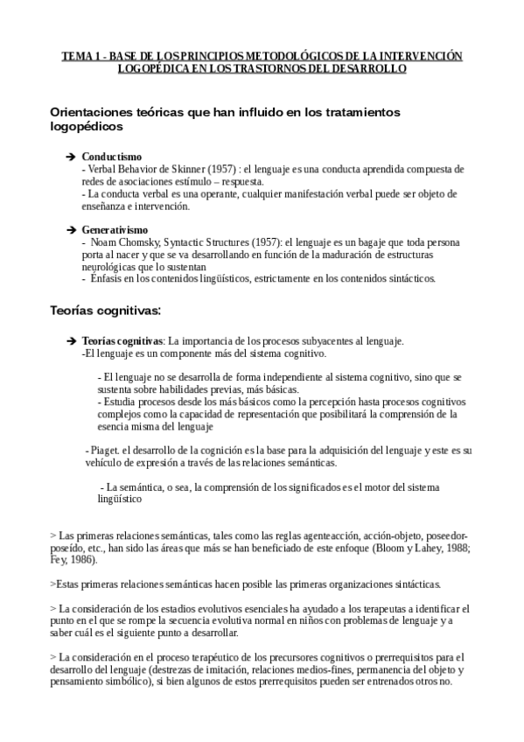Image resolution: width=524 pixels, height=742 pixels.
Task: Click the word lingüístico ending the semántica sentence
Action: pyautogui.click(x=119, y=499)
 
